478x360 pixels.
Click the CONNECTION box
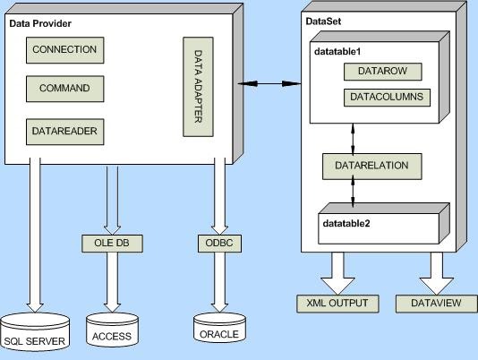pos(64,50)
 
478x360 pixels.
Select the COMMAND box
pos(64,90)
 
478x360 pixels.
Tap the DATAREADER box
pos(64,131)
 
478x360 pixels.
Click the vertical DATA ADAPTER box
pos(198,87)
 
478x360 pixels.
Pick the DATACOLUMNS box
pos(386,97)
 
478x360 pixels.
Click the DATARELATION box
pos(371,166)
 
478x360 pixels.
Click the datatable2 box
pos(378,224)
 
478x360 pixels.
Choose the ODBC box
pos(214,243)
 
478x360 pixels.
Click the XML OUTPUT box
pos(337,303)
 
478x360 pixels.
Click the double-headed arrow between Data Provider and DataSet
pos(269,84)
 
